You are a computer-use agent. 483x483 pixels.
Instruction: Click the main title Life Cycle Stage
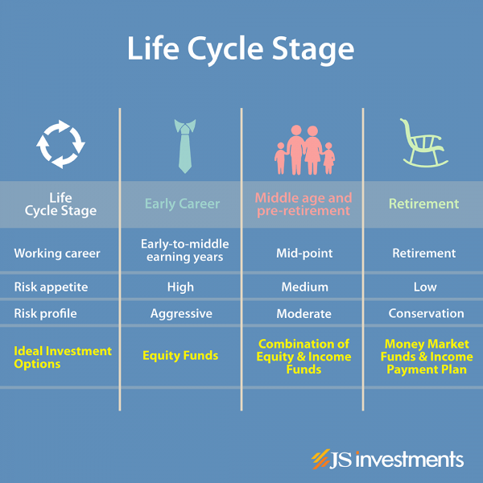pyautogui.click(x=241, y=49)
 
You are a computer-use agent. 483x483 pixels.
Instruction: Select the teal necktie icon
pyautogui.click(x=185, y=146)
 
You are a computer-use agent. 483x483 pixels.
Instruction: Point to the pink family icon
pyautogui.click(x=304, y=150)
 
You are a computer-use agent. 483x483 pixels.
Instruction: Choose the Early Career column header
pyautogui.click(x=183, y=204)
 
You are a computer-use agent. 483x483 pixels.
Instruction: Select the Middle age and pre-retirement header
pyautogui.click(x=303, y=204)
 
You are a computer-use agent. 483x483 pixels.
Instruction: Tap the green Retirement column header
pyautogui.click(x=424, y=204)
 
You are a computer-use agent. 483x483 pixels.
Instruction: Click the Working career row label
pyautogui.click(x=57, y=254)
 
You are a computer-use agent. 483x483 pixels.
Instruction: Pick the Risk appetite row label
pyautogui.click(x=51, y=287)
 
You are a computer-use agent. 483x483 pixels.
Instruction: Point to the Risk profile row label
pyautogui.click(x=45, y=314)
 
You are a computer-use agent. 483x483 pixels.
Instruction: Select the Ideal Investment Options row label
pyautogui.click(x=63, y=357)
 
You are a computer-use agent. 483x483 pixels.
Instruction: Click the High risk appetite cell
pyautogui.click(x=180, y=287)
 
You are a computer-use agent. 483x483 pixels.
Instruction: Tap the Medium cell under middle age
pyautogui.click(x=304, y=287)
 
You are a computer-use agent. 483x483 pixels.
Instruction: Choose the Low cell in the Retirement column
pyautogui.click(x=425, y=287)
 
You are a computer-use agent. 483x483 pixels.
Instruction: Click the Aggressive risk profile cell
pyautogui.click(x=181, y=314)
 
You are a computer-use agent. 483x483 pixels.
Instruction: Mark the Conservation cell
pyautogui.click(x=426, y=313)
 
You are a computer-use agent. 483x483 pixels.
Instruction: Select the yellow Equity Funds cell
pyautogui.click(x=180, y=356)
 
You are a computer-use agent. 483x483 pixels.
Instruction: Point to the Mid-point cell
pyautogui.click(x=304, y=254)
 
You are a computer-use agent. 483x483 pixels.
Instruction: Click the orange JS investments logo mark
pyautogui.click(x=320, y=459)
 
